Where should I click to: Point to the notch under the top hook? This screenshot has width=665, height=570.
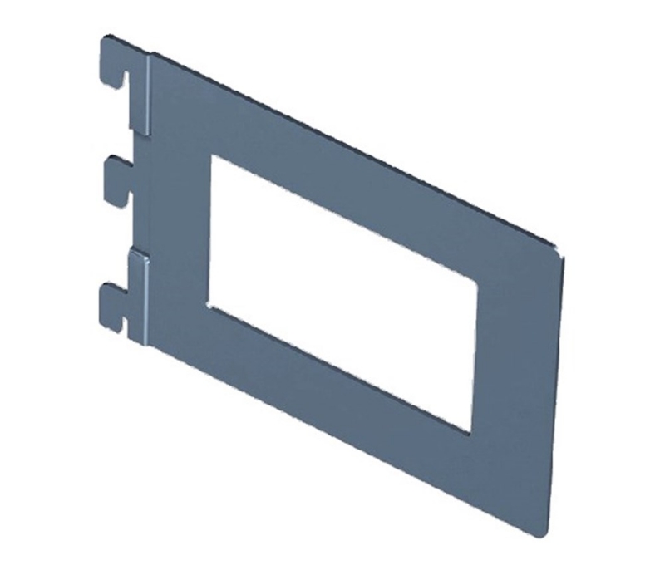(x=125, y=80)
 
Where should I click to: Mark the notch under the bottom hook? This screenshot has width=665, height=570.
(x=125, y=315)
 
